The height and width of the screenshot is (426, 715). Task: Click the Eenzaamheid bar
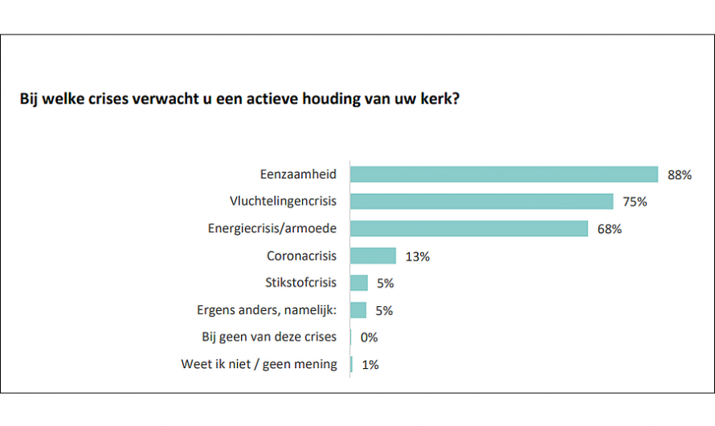click(x=504, y=174)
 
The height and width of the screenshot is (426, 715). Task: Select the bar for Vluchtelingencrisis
click(x=481, y=202)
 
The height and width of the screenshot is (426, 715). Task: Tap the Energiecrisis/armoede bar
click(x=469, y=229)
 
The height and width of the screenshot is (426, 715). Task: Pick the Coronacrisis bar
click(x=373, y=256)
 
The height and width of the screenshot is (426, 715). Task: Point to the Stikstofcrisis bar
click(x=359, y=283)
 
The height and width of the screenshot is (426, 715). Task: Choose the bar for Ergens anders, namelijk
click(x=358, y=310)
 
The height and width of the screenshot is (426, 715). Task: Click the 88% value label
click(x=679, y=174)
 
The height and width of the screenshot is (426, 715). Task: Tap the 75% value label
click(x=635, y=202)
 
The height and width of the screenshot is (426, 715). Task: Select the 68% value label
click(x=610, y=229)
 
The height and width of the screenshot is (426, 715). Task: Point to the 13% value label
click(x=418, y=256)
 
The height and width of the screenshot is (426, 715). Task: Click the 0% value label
click(x=370, y=338)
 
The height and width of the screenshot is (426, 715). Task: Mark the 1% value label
click(x=370, y=365)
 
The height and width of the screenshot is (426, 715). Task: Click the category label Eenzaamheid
click(x=298, y=174)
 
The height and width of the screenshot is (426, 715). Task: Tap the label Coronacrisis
click(x=302, y=256)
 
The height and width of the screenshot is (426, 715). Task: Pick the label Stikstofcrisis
click(x=301, y=283)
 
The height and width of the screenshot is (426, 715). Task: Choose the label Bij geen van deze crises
click(x=269, y=337)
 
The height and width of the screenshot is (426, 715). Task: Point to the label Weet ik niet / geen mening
click(x=259, y=364)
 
